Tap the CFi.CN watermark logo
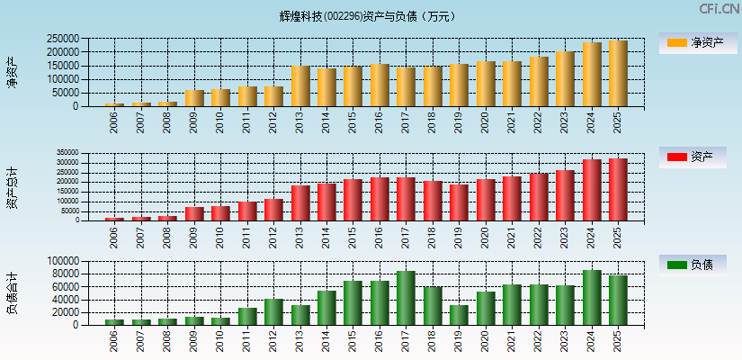click(719, 8)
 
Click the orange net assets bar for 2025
click(618, 74)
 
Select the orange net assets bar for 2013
click(299, 86)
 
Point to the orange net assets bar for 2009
click(194, 98)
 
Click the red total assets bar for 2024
click(592, 190)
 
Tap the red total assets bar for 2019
click(459, 202)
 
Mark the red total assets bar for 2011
click(247, 211)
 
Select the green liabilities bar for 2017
click(406, 298)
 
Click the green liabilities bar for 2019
click(459, 315)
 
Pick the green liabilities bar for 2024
click(592, 297)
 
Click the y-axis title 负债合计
click(12, 292)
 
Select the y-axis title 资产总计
click(12, 187)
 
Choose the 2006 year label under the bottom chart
click(114, 340)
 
